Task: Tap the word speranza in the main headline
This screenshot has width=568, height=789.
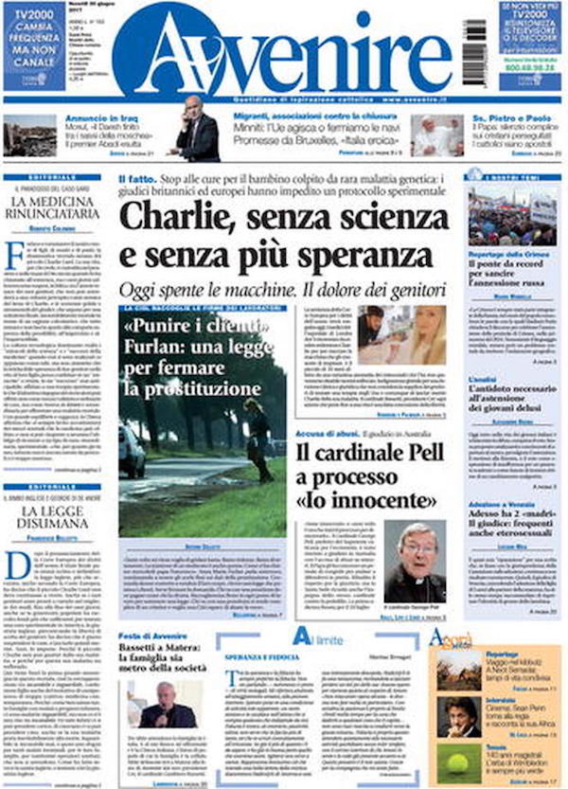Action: click(356, 256)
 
